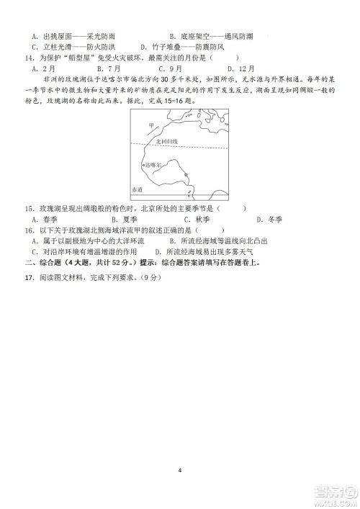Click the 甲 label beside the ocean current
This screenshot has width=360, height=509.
point(150,127)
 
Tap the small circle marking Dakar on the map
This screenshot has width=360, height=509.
point(142,165)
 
